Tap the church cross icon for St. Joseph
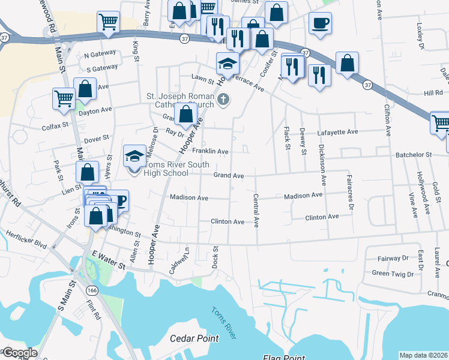(223, 99)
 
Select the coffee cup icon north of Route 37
(320, 24)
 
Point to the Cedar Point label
(193, 338)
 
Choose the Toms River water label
(224, 322)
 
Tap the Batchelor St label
(414, 154)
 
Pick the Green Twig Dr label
(393, 273)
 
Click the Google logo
(19, 353)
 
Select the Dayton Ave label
(94, 110)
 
